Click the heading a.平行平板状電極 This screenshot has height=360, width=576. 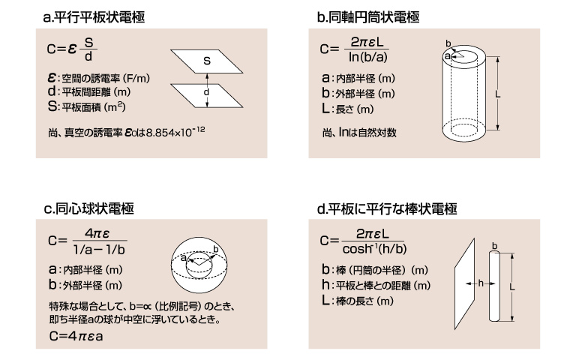(x=94, y=17)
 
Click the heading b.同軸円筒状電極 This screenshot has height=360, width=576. (x=368, y=17)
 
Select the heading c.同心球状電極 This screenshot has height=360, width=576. (x=89, y=208)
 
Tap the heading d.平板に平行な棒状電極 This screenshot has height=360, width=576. (x=387, y=208)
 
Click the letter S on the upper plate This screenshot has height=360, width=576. (x=207, y=61)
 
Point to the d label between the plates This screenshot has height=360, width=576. (x=206, y=91)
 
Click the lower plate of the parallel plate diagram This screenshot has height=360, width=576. (x=206, y=96)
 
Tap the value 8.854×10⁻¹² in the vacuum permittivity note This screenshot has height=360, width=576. (x=175, y=131)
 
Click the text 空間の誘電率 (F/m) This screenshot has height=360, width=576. (x=106, y=78)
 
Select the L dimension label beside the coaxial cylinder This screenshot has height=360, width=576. (x=498, y=94)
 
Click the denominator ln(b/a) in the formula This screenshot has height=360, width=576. (x=368, y=57)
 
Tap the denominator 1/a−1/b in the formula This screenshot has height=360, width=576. (x=99, y=250)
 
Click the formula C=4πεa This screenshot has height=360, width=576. (x=76, y=336)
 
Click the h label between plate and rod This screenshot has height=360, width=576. (x=481, y=283)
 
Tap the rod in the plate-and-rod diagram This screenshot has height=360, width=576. (x=494, y=286)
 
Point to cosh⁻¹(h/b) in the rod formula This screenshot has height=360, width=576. (x=375, y=249)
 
